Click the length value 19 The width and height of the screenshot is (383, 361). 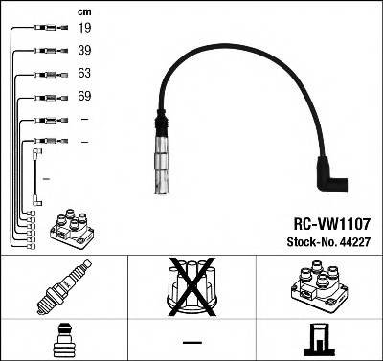click(x=85, y=29)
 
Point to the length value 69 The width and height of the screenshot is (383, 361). click(x=85, y=98)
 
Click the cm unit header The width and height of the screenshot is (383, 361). click(x=84, y=10)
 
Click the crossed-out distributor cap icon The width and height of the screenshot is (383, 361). click(x=191, y=289)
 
